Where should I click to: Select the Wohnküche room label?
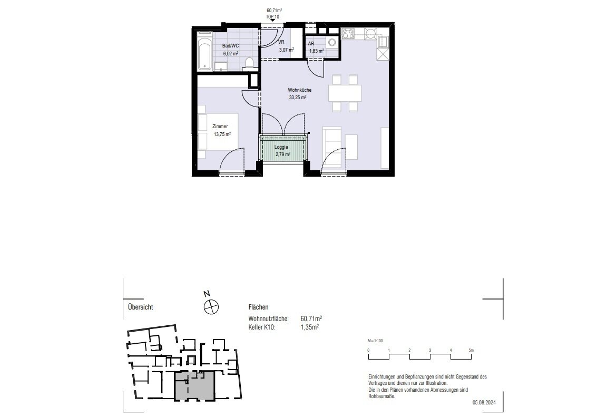300,90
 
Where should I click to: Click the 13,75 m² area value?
222,134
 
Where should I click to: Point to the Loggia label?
281,147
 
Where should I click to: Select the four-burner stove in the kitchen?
348,33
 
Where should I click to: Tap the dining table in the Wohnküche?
345,93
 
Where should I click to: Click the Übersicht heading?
141,307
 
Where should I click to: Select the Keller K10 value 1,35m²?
310,327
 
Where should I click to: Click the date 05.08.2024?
484,403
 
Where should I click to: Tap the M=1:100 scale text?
375,341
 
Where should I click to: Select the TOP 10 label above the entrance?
272,17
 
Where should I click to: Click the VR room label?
281,42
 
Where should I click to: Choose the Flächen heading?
258,307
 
